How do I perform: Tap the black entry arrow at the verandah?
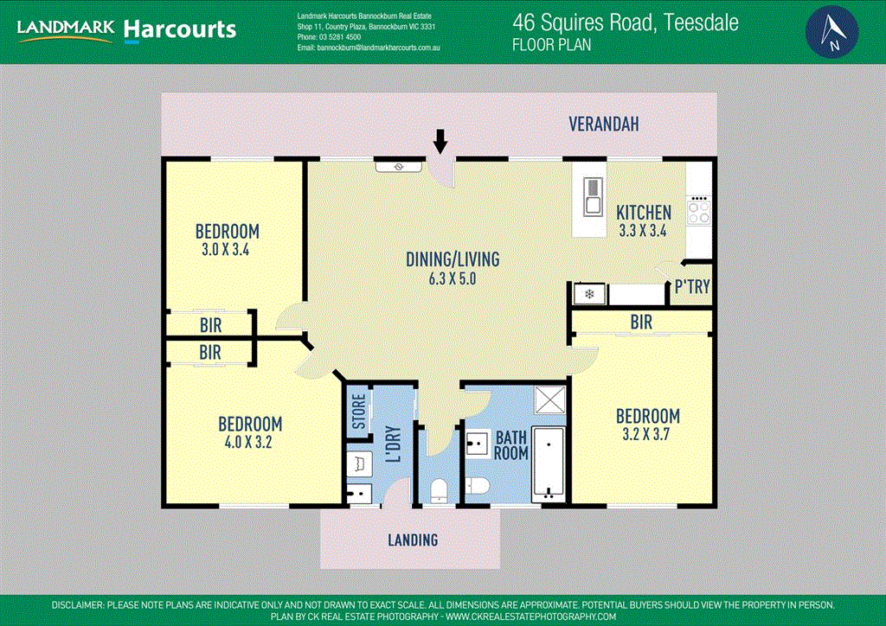tap(440, 140)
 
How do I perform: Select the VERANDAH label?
tap(604, 125)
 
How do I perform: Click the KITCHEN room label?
tap(643, 212)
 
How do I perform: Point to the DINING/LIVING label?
tap(440, 259)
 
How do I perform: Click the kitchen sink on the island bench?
tap(593, 196)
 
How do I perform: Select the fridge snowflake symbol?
tap(589, 295)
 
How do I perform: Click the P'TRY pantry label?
tap(692, 286)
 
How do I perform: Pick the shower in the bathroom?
tap(548, 401)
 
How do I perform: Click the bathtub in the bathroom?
tap(547, 464)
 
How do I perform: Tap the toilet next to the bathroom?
tap(438, 489)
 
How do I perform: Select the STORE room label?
tap(358, 412)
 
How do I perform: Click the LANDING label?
tap(413, 540)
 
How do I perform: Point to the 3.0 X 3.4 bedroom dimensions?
tap(227, 250)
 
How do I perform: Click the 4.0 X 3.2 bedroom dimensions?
tap(249, 443)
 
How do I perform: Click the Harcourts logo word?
tap(180, 30)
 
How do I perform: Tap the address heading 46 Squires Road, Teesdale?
tap(626, 22)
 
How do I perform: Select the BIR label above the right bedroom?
tap(641, 323)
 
